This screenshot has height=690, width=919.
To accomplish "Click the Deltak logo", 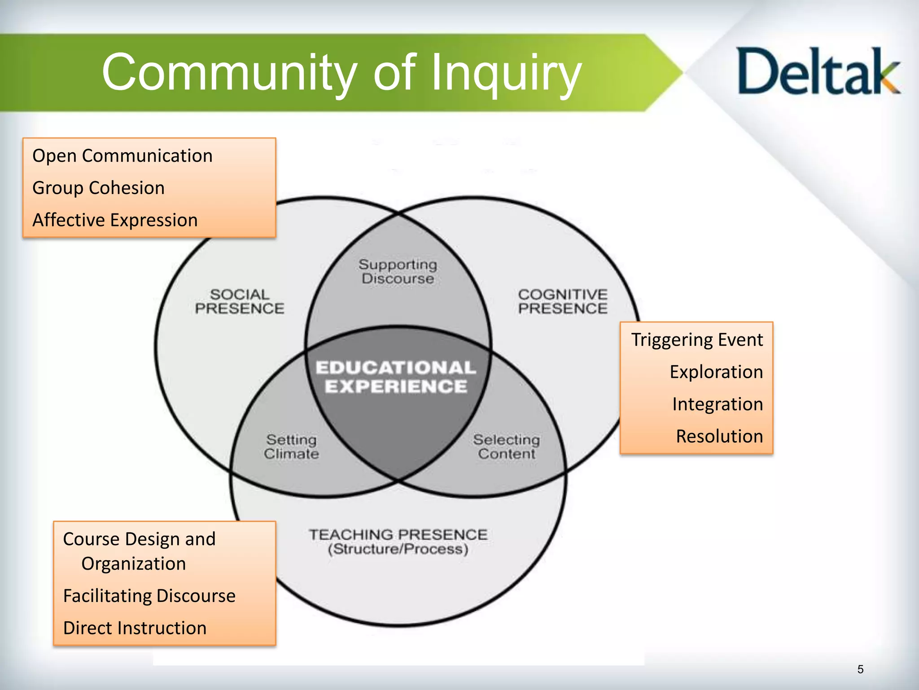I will (818, 72).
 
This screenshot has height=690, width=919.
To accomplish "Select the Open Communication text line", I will (123, 156).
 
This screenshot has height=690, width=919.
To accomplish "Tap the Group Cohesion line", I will (99, 188).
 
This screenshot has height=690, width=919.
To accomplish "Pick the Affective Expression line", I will (115, 220).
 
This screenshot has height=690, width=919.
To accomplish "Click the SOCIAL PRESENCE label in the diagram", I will (239, 301).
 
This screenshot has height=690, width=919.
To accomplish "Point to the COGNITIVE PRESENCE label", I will (563, 301).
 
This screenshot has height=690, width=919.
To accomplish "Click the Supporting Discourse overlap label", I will (398, 271).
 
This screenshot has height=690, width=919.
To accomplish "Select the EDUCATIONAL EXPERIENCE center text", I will (396, 377).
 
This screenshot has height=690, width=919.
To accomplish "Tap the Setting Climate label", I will (291, 447).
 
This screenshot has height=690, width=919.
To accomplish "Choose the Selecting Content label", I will (507, 447).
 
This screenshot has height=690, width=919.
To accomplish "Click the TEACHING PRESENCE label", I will (398, 535).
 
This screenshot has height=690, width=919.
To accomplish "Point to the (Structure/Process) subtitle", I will (398, 549).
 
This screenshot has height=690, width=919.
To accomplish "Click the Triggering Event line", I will (697, 340).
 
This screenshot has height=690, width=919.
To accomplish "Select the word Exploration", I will (716, 372).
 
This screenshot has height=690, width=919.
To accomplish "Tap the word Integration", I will (718, 404).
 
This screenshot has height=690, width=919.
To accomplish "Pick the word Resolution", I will (719, 436).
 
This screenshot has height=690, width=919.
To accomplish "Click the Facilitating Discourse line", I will (149, 596).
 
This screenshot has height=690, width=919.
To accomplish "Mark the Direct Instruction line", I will (135, 628).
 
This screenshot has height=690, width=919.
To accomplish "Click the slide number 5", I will (860, 669).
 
